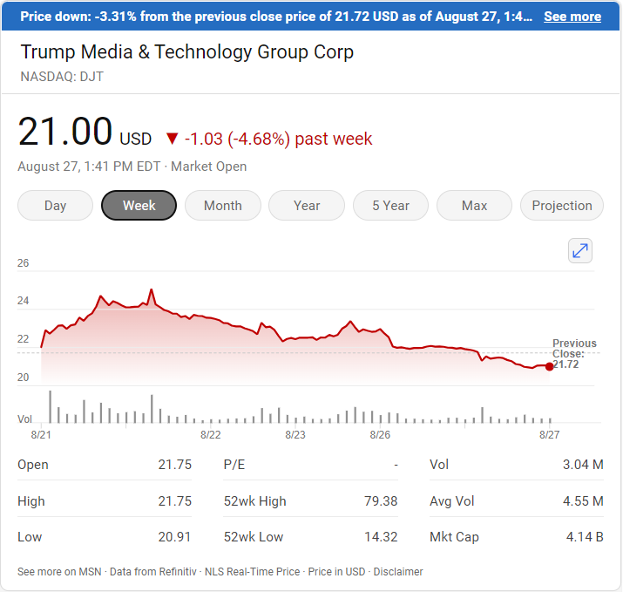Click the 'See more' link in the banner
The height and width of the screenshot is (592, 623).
tap(572, 17)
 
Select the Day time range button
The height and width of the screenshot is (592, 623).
tap(55, 206)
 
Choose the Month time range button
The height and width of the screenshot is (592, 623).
tap(222, 206)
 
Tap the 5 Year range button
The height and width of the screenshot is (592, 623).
tap(390, 206)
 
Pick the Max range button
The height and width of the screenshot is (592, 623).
tap(474, 206)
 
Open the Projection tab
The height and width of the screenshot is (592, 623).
tap(561, 206)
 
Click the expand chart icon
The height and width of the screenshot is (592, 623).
tap(580, 251)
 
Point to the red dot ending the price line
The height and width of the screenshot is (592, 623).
tap(549, 366)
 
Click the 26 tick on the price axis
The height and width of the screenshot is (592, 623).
tap(24, 262)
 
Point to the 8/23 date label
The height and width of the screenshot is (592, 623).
tap(295, 434)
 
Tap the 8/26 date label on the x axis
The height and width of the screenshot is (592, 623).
tap(380, 434)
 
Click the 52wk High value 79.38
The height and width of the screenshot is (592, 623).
tap(381, 501)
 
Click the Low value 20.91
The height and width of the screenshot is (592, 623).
tap(176, 537)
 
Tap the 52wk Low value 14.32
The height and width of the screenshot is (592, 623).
tap(381, 537)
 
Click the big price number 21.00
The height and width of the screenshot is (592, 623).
tap(65, 133)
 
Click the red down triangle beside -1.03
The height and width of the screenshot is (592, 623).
tap(172, 139)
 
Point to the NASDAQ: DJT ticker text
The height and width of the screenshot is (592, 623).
tap(63, 76)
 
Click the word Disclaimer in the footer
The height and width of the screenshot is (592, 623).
tap(397, 572)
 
